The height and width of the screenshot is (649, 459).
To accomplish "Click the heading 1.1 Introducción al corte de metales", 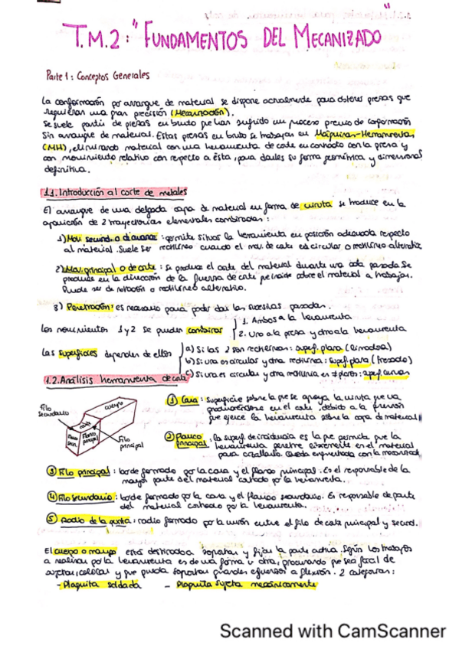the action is pyautogui.click(x=118, y=192).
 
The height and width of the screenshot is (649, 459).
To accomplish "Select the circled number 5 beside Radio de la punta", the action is pyautogui.click(x=49, y=522).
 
